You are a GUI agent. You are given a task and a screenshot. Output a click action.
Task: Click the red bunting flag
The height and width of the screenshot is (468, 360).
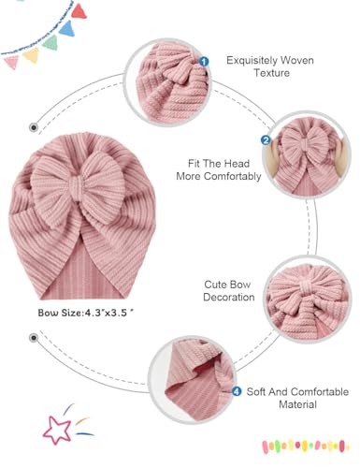click(x=79, y=11)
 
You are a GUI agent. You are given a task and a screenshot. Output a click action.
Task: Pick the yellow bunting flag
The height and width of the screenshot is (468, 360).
click(x=31, y=54)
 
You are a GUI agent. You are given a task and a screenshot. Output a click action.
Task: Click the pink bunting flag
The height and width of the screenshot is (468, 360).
click(x=12, y=62)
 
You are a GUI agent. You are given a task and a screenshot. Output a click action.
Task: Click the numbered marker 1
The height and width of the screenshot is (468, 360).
click(x=204, y=61)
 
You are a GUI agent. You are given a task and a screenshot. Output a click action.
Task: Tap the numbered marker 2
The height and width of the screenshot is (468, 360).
click(x=266, y=141)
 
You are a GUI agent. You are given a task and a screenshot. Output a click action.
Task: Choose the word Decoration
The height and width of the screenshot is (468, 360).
click(x=229, y=298)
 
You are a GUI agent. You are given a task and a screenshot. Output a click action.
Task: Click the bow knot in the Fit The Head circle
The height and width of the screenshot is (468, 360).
click(x=308, y=149)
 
